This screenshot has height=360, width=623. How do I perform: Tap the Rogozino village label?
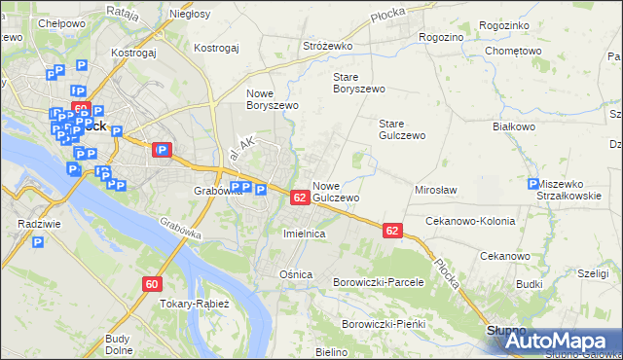(441, 36)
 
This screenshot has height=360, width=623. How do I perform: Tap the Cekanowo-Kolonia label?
(468, 221)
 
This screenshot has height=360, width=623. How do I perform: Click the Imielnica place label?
(303, 234)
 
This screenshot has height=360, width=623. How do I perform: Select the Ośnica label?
(296, 274)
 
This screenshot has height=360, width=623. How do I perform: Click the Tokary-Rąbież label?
(193, 304)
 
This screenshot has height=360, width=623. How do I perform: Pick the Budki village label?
(530, 284)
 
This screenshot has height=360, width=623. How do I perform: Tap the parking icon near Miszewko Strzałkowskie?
(532, 184)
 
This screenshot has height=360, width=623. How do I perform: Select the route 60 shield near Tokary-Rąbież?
(151, 283)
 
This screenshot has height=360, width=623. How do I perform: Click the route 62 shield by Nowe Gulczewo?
(300, 198)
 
